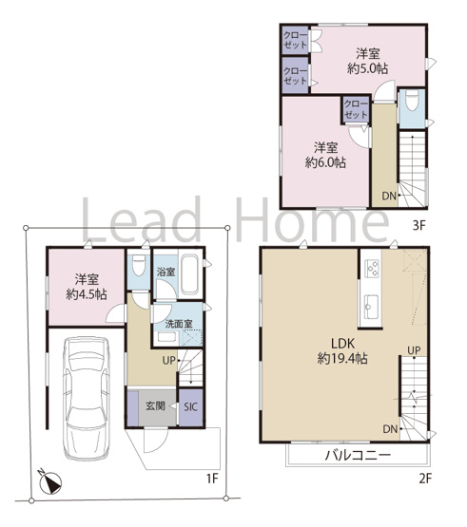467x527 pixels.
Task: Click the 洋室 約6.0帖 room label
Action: [x=325, y=155]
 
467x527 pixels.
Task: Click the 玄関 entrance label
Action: [x=154, y=406]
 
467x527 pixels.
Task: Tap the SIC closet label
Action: [x=189, y=406]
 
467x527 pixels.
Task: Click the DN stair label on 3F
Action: [x=387, y=197]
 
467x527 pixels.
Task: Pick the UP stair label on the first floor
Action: [x=167, y=361]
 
